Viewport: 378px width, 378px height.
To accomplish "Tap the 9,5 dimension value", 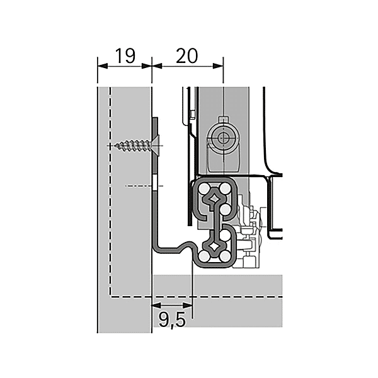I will point(171,321).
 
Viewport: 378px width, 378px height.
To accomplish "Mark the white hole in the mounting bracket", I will point(154,185).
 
